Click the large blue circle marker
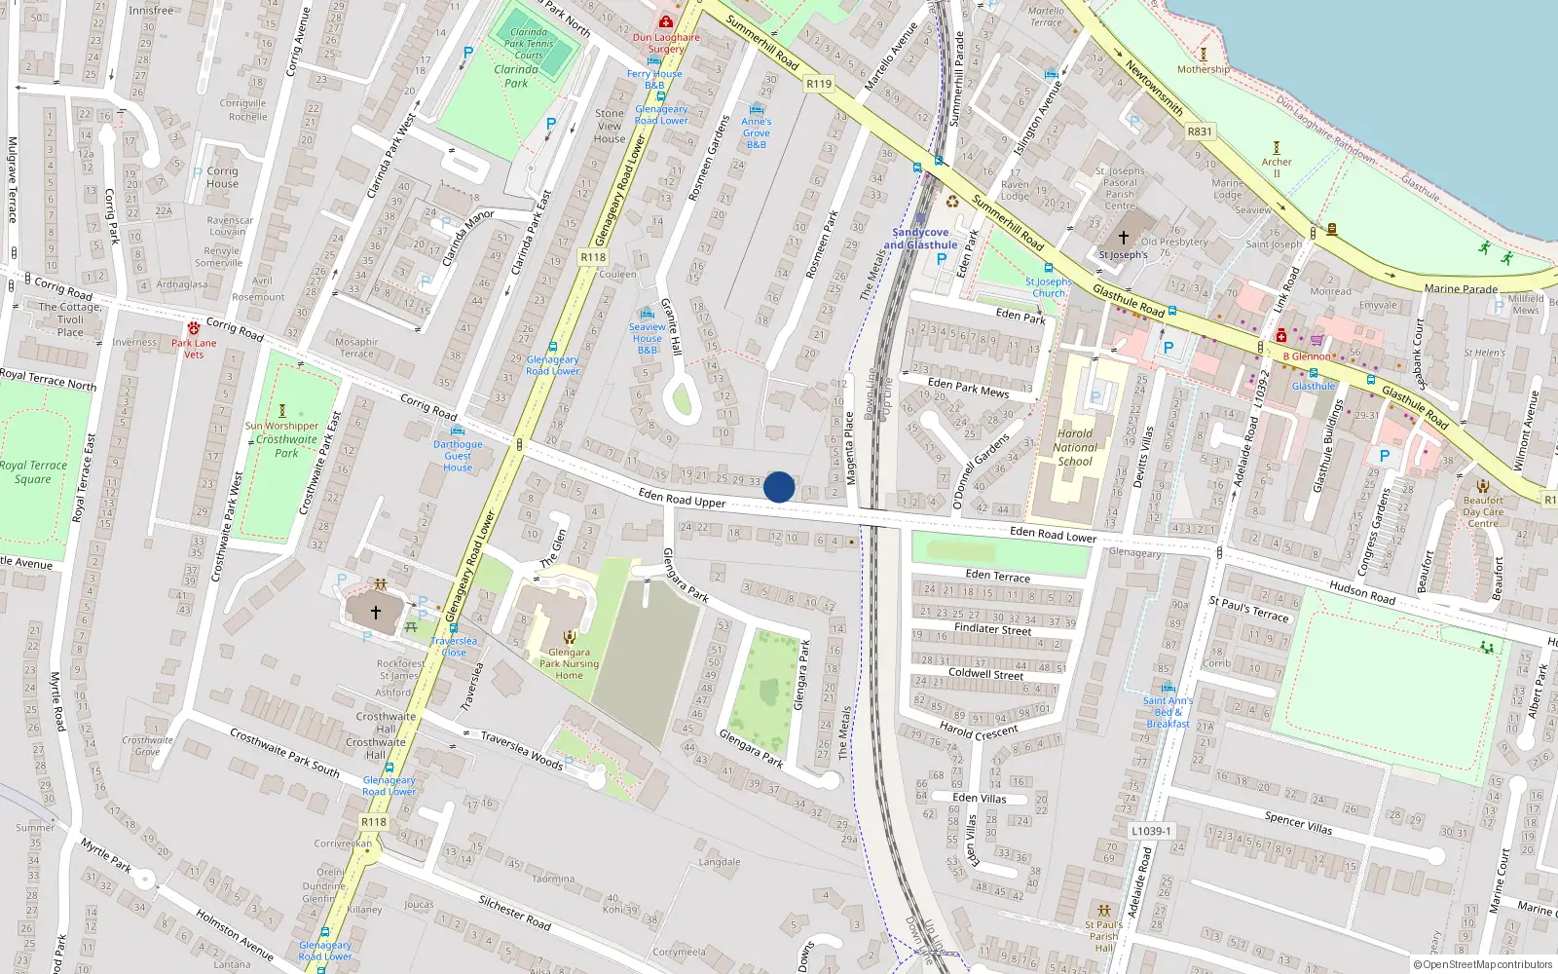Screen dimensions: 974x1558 [x=779, y=487]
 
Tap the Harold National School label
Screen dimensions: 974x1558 [x=1075, y=448]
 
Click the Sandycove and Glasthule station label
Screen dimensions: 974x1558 [x=920, y=239]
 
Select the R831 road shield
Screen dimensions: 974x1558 [x=1200, y=131]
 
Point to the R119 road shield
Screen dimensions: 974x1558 [x=819, y=84]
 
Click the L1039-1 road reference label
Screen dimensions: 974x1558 [x=1151, y=831]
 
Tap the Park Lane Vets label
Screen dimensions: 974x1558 [x=194, y=349]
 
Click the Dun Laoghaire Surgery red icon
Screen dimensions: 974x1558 [x=666, y=21]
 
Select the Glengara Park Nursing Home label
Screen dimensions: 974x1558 [x=570, y=664]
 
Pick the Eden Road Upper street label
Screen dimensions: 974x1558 [x=682, y=499]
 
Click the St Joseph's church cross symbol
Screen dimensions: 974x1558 [x=1123, y=237]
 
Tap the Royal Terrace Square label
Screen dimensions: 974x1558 [x=34, y=472]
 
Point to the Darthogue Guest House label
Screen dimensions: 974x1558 [x=458, y=456]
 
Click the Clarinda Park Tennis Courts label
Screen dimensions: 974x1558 [x=529, y=44]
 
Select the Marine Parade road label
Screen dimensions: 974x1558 [x=1461, y=288]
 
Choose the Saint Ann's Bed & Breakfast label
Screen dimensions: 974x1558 [x=1168, y=712]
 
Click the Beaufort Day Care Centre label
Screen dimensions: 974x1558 [x=1483, y=512]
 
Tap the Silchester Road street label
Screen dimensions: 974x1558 [x=514, y=912]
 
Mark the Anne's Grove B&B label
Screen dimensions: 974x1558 [x=757, y=133]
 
